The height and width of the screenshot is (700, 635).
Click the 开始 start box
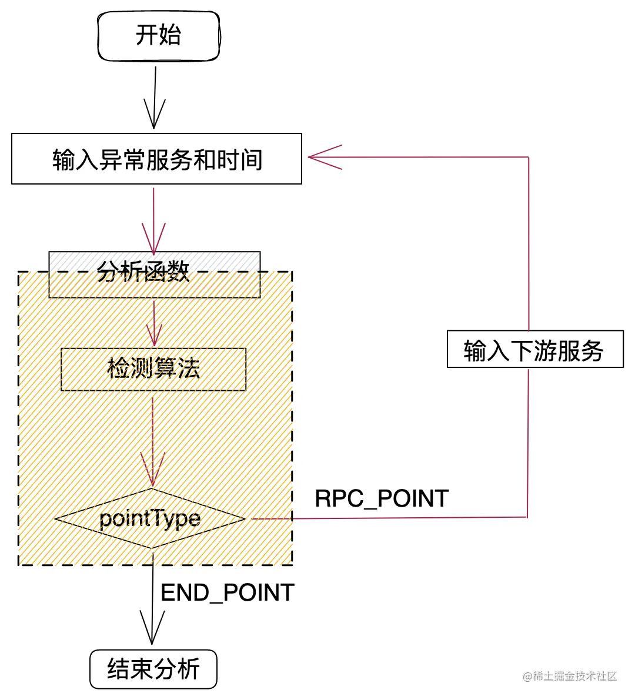(158, 35)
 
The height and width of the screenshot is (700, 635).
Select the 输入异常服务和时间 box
(156, 159)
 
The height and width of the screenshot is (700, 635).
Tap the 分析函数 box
(154, 274)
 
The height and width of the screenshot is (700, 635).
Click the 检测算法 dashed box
(153, 369)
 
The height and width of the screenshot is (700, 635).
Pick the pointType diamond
(151, 518)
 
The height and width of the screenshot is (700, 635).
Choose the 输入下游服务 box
(534, 350)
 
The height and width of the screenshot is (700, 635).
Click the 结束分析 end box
(153, 669)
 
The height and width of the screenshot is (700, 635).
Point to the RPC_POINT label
(382, 498)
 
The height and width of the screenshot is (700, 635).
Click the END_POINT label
(228, 592)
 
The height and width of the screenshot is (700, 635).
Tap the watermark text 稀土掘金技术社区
(570, 676)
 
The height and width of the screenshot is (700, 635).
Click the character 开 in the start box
(146, 35)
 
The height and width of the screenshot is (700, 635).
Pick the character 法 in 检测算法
(189, 369)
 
